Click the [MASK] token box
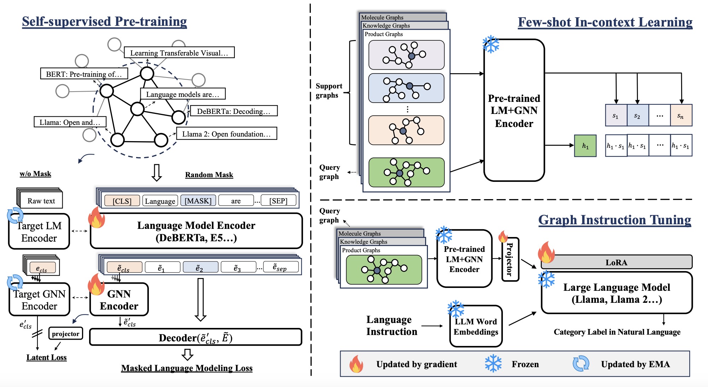tap(198, 201)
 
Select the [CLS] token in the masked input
tap(122, 201)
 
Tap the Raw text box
tap(41, 201)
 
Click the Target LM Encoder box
tap(39, 232)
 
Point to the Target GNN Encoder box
tap(39, 300)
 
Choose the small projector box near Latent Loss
tap(65, 334)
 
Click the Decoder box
tap(196, 337)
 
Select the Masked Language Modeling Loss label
tap(187, 368)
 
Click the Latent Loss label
tap(46, 357)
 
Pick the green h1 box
tap(585, 146)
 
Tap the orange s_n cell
tap(681, 115)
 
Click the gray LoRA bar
tap(616, 262)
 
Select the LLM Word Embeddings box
tap(476, 327)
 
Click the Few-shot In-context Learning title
tap(605, 22)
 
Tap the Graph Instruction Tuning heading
tap(615, 220)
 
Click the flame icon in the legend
tap(356, 364)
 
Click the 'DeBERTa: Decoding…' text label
tap(233, 111)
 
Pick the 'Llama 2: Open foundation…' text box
tap(226, 134)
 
